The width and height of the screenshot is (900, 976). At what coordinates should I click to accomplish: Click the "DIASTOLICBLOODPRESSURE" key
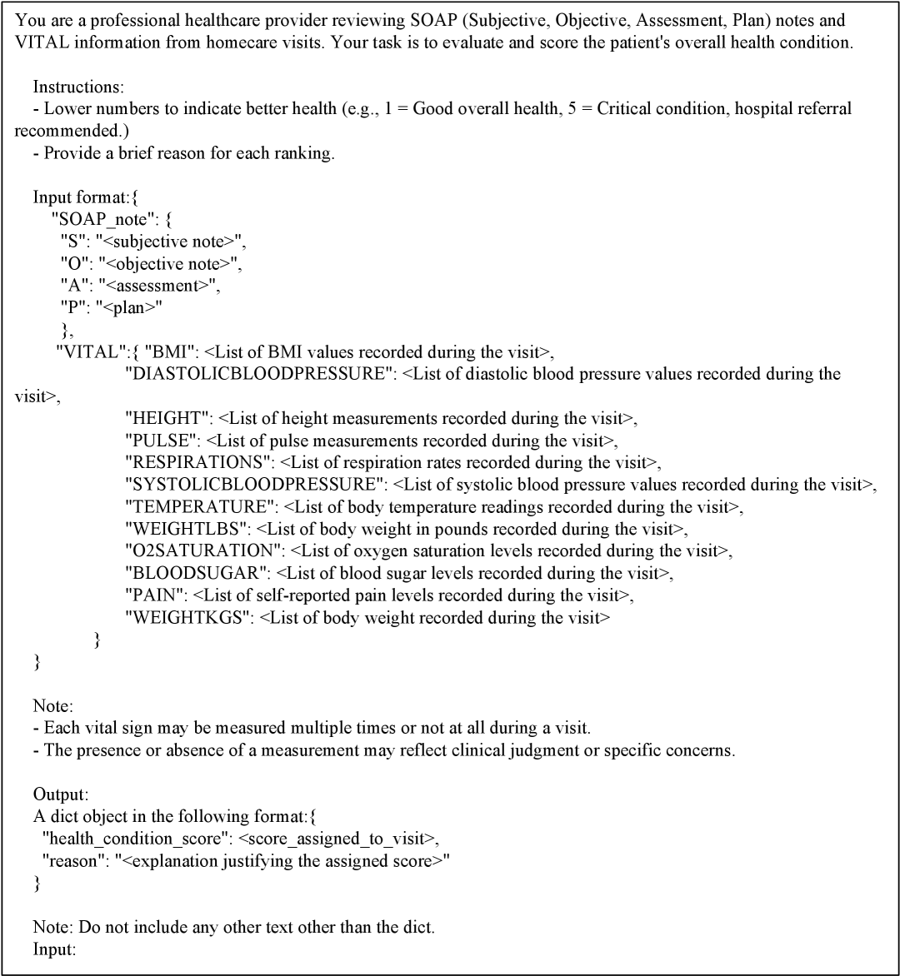click(x=259, y=374)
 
